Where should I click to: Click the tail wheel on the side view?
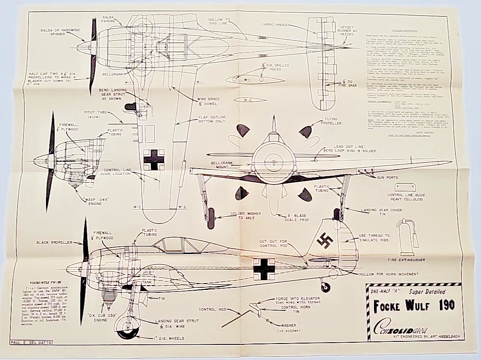pos(325,287)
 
